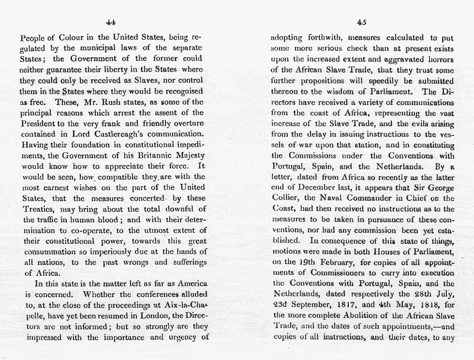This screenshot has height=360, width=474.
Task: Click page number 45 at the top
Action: pos(361,21)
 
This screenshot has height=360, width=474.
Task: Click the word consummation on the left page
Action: pos(48,251)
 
